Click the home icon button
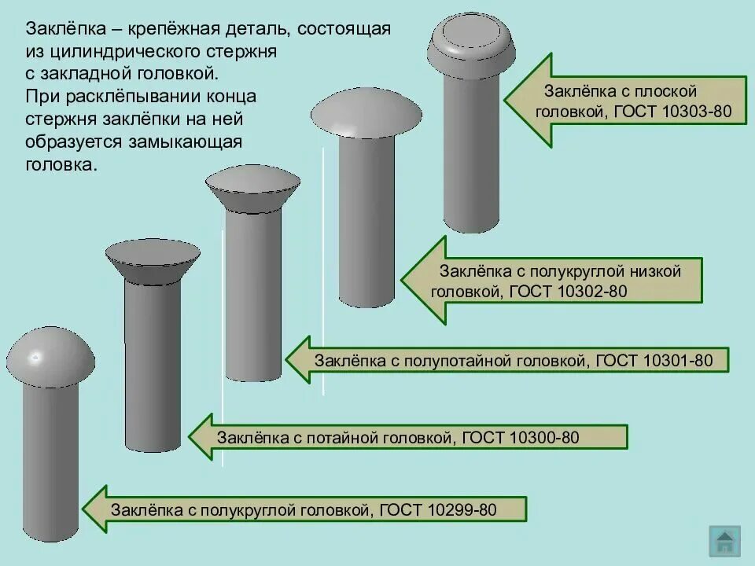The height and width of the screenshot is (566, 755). pyautogui.click(x=724, y=541)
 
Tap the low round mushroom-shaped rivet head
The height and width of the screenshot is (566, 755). pyautogui.click(x=367, y=115)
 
